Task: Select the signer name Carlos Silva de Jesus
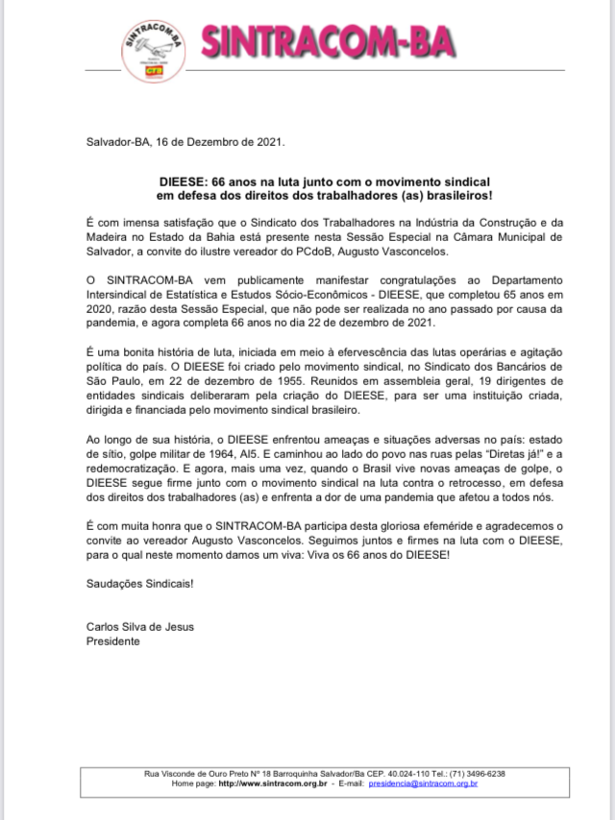[x=139, y=627]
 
